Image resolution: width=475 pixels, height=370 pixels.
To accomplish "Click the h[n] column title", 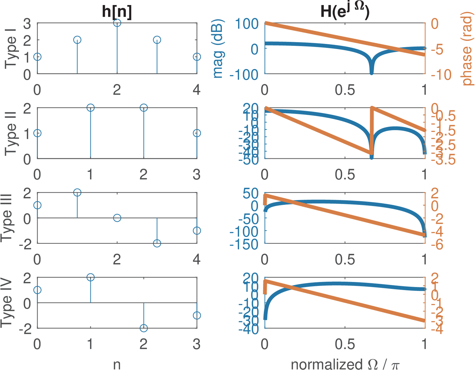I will point(117,12).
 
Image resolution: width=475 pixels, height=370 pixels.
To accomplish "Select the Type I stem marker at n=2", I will point(117,23).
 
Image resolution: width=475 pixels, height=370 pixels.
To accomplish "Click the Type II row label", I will point(11,133).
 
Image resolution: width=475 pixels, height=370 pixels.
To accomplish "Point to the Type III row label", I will point(7,218).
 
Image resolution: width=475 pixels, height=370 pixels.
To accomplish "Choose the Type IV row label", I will point(7,303).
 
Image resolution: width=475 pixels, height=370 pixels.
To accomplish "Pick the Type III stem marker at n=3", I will point(157,243).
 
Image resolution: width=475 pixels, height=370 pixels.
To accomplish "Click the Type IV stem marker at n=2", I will point(144,328).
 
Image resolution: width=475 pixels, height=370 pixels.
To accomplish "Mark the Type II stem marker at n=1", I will point(91,108).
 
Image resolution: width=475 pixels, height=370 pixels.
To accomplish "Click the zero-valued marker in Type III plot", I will point(117,218).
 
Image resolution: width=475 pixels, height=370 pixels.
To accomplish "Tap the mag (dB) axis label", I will point(218,49).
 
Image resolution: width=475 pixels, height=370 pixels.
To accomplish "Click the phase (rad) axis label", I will point(467,49).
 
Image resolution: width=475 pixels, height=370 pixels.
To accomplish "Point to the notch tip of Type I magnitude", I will point(371,73).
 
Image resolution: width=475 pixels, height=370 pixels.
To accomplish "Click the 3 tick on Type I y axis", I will point(27,23).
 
